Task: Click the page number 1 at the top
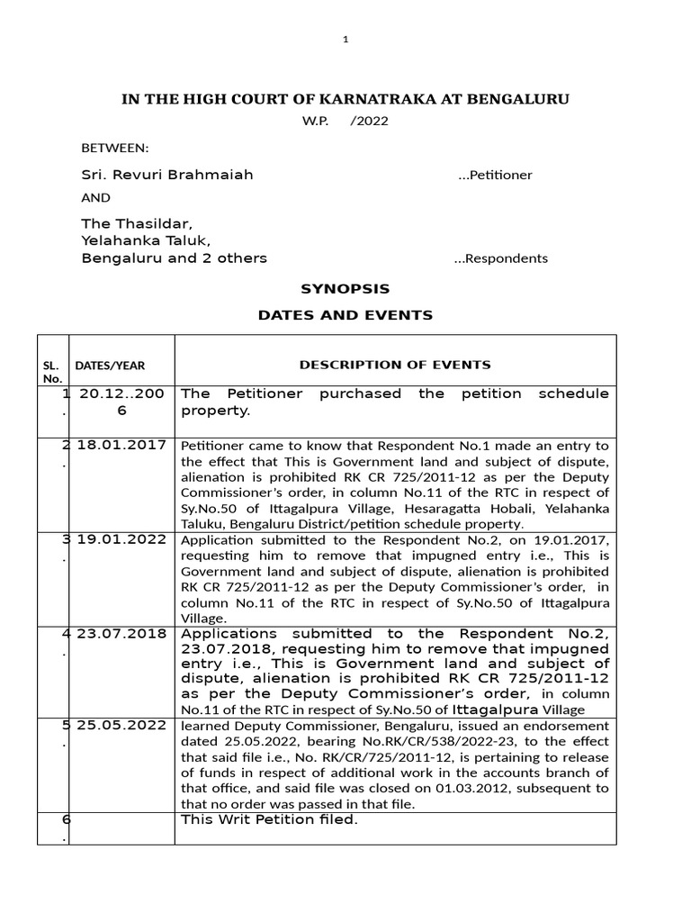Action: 345,40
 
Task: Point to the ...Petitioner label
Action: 495,175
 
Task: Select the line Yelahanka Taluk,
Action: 146,240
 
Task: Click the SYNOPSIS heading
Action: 345,289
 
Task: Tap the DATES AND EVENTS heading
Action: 345,315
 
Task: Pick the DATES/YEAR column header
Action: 110,366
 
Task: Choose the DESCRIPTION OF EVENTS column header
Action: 395,365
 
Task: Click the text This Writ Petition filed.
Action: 270,819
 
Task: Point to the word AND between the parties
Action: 96,198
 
